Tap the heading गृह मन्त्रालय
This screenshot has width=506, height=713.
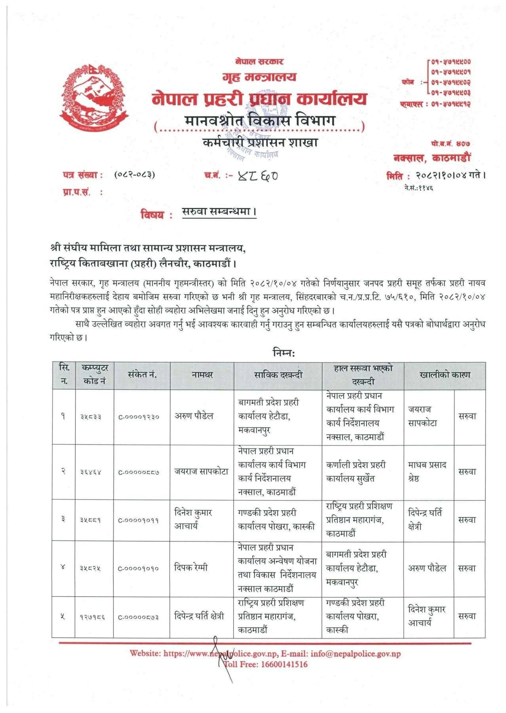[x=259, y=77]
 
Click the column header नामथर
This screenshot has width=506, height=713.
[x=202, y=375]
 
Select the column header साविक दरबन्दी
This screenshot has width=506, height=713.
[x=278, y=375]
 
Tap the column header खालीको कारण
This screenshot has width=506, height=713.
[x=445, y=375]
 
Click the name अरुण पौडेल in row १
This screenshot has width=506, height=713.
[x=194, y=416]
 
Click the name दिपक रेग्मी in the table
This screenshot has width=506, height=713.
[x=191, y=568]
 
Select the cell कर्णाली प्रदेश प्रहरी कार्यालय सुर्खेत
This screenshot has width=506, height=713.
[x=356, y=471]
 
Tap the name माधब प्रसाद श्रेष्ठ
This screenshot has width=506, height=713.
[x=427, y=471]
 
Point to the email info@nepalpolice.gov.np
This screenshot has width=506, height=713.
[x=356, y=654]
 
